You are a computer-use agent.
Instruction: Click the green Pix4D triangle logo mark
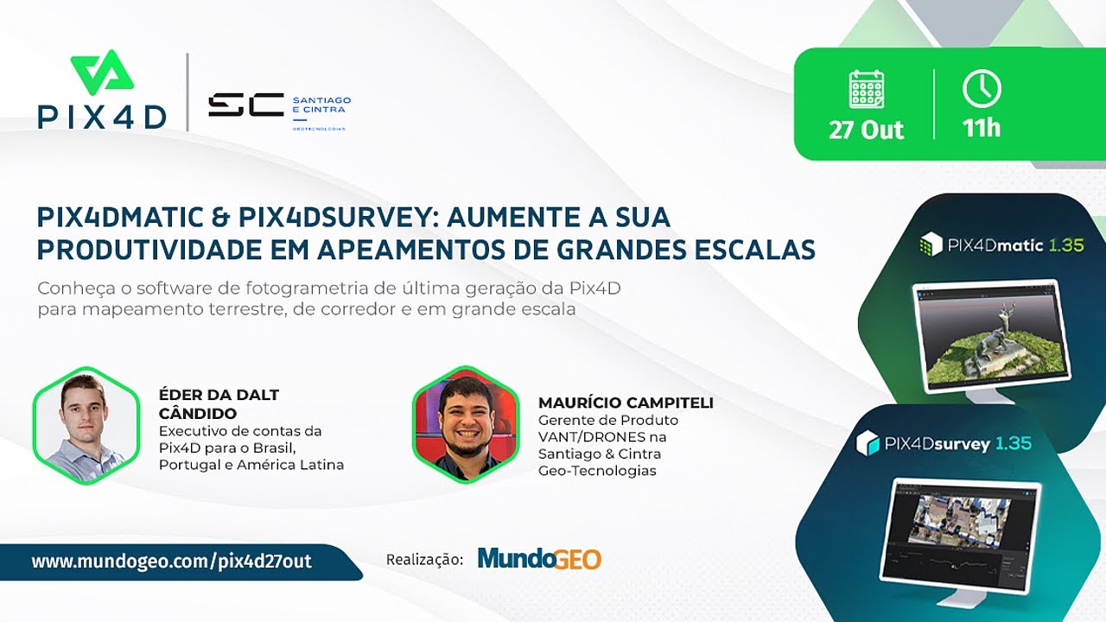(x=102, y=73)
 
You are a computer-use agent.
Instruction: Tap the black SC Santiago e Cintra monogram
(x=245, y=105)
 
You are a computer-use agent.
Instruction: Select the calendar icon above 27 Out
(x=866, y=89)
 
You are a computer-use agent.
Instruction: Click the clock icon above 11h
(x=982, y=89)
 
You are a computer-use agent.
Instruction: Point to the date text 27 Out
(x=866, y=130)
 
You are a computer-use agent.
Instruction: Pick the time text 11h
(x=982, y=129)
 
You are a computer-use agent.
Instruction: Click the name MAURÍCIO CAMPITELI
(x=626, y=403)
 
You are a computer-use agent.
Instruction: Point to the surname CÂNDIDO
(x=198, y=414)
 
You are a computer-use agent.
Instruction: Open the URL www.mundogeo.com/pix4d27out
(x=172, y=562)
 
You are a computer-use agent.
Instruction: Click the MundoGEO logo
(x=539, y=559)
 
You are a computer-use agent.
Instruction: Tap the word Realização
(x=424, y=560)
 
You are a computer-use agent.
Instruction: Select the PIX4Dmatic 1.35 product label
(x=1002, y=244)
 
